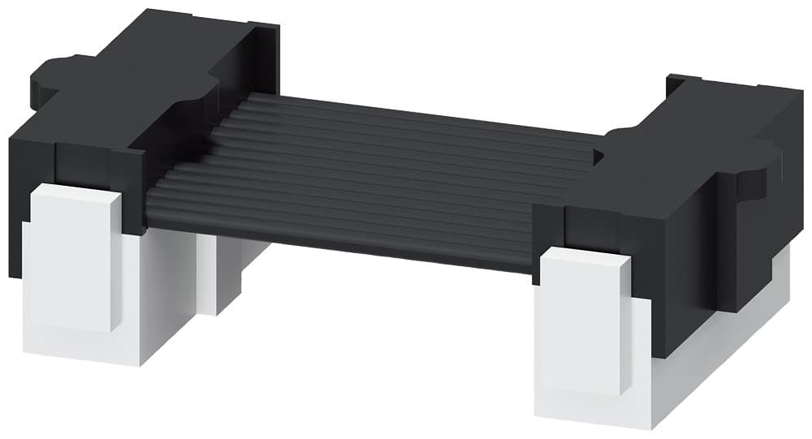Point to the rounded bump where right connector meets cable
(617, 142)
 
